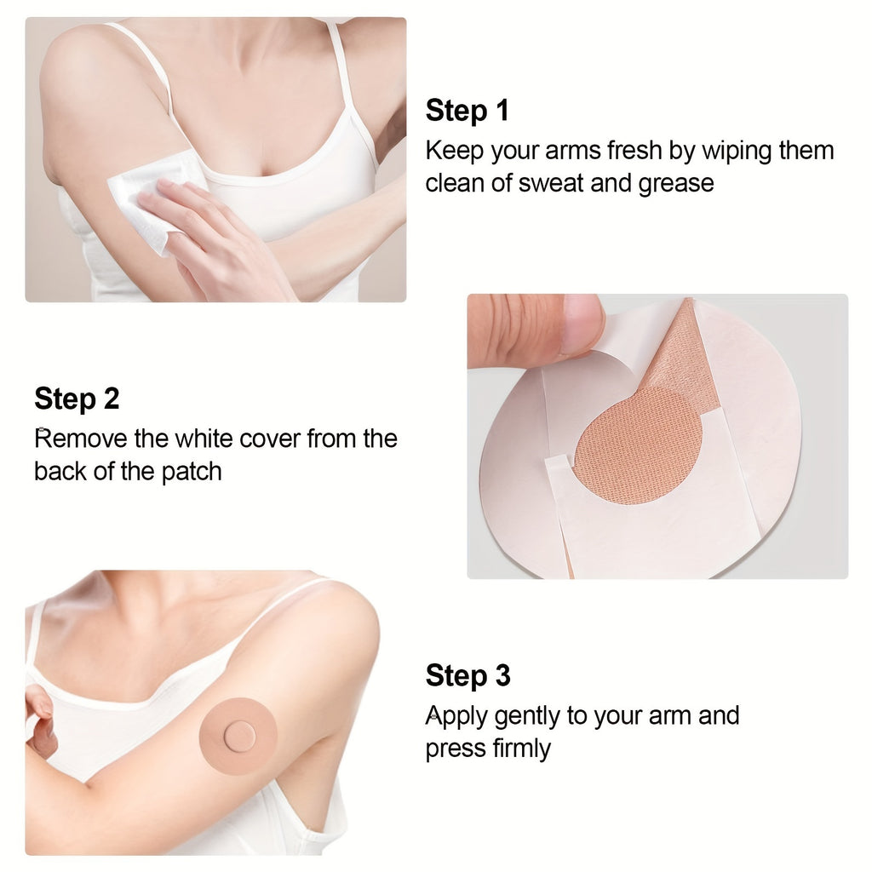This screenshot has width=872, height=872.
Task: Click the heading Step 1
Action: (x=468, y=110)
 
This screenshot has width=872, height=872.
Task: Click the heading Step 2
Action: (x=77, y=399)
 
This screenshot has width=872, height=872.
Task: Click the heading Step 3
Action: (x=468, y=675)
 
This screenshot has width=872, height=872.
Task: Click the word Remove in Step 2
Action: (x=81, y=439)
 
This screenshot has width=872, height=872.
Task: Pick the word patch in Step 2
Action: (x=192, y=472)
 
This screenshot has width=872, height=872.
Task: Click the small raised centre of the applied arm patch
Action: (x=240, y=736)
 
